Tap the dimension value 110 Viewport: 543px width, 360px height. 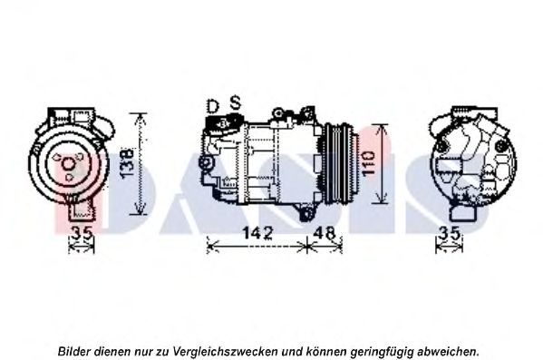(x=368, y=163)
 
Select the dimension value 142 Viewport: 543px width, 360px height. (x=258, y=232)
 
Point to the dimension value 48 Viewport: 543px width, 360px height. (x=325, y=232)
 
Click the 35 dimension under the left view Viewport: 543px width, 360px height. (x=82, y=232)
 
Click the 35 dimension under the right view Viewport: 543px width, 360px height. (x=449, y=232)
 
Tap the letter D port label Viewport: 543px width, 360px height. (x=213, y=106)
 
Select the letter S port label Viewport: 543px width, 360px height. (x=236, y=102)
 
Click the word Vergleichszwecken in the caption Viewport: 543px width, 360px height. (x=225, y=352)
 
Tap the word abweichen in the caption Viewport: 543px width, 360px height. (x=448, y=352)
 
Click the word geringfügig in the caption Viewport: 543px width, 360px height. (x=382, y=352)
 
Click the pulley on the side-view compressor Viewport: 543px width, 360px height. (x=339, y=163)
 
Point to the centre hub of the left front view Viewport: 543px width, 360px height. (x=68, y=163)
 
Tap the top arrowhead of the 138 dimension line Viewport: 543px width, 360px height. (x=140, y=118)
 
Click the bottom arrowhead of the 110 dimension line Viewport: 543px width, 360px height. (x=381, y=199)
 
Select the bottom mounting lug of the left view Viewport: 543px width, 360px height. (x=82, y=210)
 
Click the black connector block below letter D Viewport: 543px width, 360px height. (x=221, y=122)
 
